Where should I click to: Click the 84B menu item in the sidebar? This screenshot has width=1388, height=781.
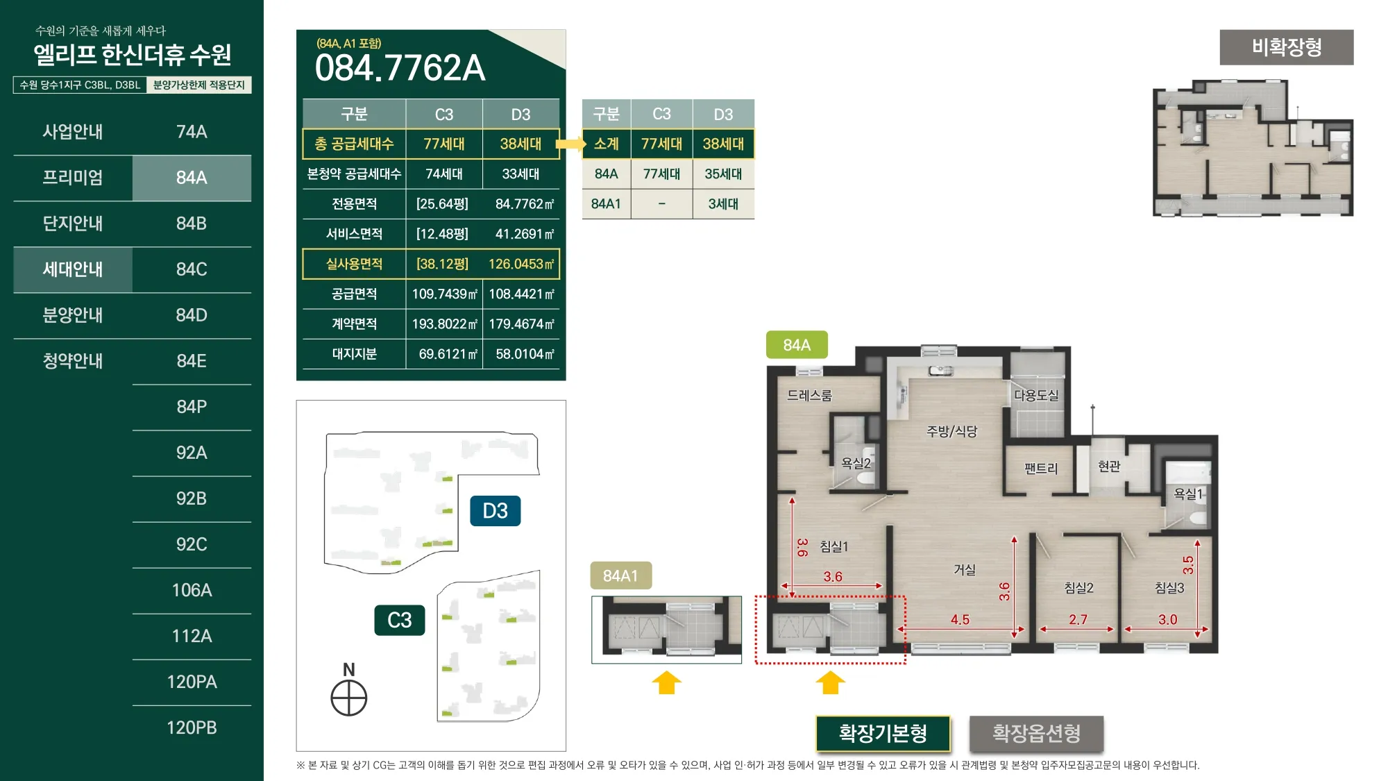192,224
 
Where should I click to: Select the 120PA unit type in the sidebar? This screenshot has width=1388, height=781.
192,682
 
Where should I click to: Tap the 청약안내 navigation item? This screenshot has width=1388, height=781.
73,361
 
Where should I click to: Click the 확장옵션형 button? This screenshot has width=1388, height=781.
1036,733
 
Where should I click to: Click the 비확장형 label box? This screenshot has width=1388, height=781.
1287,47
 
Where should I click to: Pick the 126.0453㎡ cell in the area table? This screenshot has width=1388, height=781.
521,264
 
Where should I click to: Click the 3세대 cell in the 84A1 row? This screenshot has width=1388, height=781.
723,204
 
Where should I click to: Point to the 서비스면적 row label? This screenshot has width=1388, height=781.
354,234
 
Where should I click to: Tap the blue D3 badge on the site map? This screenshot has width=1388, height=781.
495,511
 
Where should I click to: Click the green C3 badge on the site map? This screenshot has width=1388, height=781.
400,620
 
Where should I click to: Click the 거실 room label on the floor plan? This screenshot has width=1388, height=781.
965,570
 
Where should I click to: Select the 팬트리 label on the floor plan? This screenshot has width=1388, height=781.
1041,469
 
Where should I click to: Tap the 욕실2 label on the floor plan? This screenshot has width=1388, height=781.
856,463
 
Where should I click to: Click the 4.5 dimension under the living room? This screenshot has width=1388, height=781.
960,619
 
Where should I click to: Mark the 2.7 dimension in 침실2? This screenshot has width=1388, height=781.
1078,619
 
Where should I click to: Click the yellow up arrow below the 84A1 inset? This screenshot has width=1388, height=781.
666,682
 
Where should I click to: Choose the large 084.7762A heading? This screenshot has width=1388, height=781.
400,68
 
